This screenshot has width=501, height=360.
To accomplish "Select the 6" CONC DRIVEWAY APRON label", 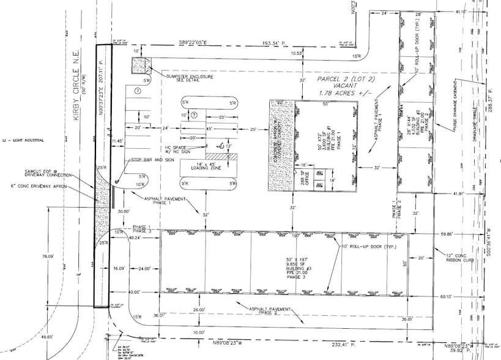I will (38, 186).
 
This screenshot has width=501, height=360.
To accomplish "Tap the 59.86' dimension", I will (464, 234).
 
